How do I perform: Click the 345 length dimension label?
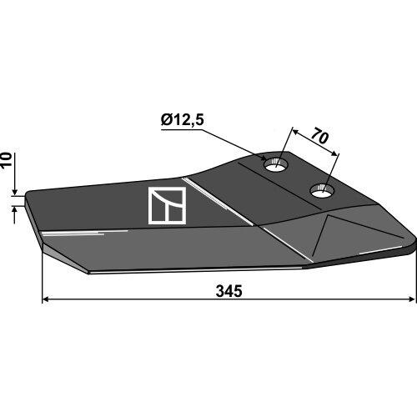(x=229, y=291)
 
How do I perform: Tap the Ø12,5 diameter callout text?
(x=183, y=120)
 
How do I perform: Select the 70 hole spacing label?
(x=319, y=136)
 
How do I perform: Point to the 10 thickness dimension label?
(x=7, y=159)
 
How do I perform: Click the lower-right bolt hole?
(x=322, y=191)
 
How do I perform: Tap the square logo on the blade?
(x=167, y=205)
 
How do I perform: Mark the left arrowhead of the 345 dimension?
(x=45, y=299)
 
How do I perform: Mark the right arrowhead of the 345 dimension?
(x=412, y=299)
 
